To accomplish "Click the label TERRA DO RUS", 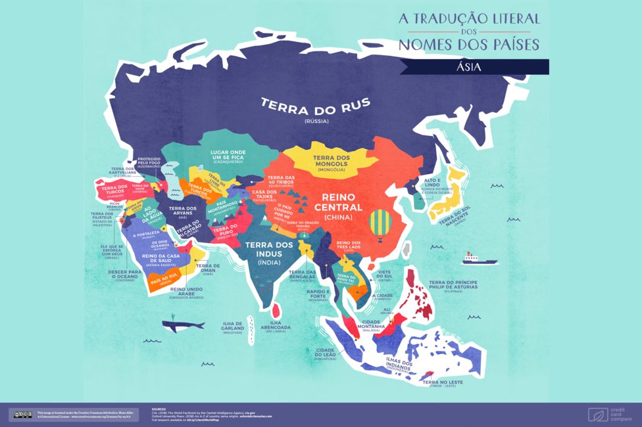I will click(x=315, y=105).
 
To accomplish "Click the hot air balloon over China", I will click(x=380, y=223).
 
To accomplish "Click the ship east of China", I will click(x=479, y=258).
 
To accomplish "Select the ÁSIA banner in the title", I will click(x=474, y=66).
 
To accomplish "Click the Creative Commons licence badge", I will click(x=21, y=414).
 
